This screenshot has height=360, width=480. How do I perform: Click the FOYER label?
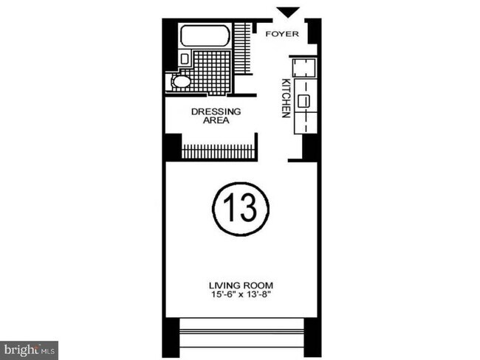coord(282,34)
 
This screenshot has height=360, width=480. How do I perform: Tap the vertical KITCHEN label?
coord(286,98)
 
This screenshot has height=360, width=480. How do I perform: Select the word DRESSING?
coord(216,111)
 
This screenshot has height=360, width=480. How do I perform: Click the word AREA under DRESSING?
coord(216,120)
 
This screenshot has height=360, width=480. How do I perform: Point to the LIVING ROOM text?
coord(241,285)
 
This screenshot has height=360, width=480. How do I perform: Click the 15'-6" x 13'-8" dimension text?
coord(241,295)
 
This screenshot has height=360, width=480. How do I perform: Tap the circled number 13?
coord(240,209)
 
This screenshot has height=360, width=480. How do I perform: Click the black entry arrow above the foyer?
coord(288,13)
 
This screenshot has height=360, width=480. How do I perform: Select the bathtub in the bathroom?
coord(205,36)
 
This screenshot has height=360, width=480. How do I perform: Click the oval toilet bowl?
coord(181,82)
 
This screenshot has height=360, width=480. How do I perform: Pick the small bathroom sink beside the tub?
coord(185,58)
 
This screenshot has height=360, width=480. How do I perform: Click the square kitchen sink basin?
coord(304,101)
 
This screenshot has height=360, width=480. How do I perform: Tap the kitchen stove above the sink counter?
coord(304,68)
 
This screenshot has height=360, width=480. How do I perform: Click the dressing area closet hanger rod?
coord(219,151)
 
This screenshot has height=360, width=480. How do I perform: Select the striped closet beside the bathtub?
coord(242,48)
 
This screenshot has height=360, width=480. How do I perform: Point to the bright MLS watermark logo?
coord(29,350)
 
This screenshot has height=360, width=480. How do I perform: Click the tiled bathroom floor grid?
coord(208,72)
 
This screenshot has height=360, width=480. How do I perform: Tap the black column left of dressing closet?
coord(174,147)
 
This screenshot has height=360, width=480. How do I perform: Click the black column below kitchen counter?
coord(309,148)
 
